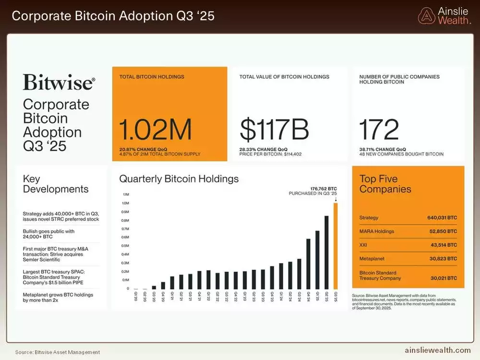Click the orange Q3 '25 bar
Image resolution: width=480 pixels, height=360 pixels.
(336, 246)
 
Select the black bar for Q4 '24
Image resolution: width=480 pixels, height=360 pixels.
(308, 264)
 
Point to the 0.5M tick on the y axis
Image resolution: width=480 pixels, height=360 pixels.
(126, 246)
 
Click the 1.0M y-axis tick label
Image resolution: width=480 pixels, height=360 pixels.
(126, 203)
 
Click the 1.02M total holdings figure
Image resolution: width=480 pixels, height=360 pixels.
(156, 130)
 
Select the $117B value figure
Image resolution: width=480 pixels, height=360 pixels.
(274, 130)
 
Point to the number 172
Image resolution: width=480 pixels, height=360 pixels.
(379, 130)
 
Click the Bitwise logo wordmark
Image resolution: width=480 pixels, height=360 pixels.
(59, 83)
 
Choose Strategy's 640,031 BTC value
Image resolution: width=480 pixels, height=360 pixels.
(442, 217)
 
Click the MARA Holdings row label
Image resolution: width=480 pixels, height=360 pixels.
(377, 231)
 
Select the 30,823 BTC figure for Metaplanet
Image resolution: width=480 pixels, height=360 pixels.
(442, 259)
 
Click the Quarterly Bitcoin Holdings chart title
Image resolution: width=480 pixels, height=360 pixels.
(179, 179)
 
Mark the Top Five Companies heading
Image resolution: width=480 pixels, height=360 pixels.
(385, 184)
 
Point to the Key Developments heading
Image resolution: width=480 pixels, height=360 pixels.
(56, 184)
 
